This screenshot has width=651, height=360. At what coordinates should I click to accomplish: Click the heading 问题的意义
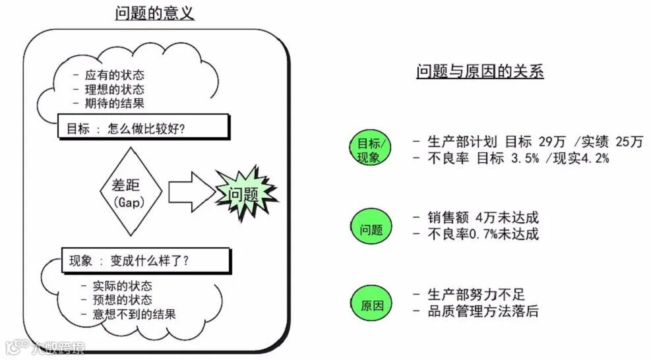(x=154, y=13)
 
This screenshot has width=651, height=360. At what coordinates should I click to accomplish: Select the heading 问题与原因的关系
(x=480, y=72)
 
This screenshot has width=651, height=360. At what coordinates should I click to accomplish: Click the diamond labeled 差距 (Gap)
(x=129, y=191)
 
